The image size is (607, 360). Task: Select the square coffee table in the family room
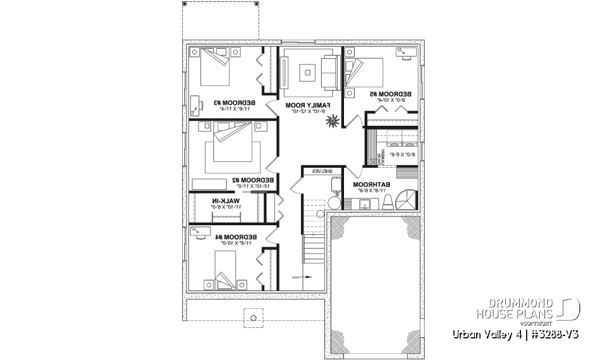coord(307,73)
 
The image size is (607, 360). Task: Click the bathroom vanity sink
coord(365,203)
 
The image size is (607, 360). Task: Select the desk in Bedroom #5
coord(405,53)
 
